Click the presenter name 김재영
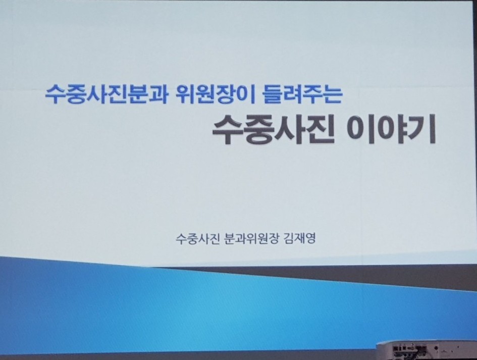pos(299,238)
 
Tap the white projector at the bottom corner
pos(427,350)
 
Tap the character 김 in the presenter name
pos(288,238)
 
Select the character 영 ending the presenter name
pos(310,238)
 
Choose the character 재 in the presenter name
pos(299,238)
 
